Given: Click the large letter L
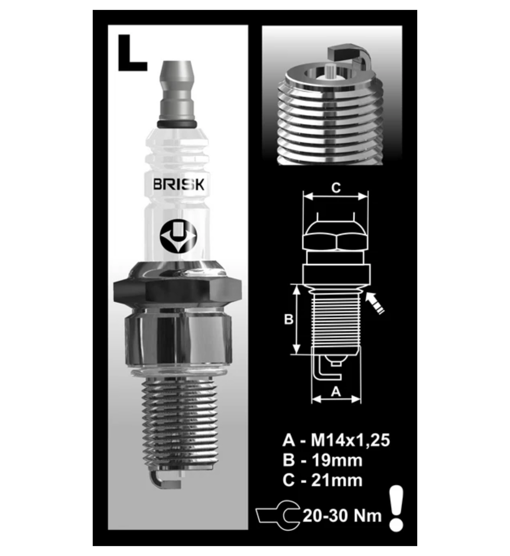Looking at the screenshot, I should tap(130, 54).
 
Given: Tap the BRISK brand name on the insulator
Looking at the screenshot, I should tap(178, 184).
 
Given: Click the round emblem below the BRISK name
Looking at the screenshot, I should tap(178, 236).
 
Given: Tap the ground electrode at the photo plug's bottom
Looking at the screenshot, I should tap(166, 480).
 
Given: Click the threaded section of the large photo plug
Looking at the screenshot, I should tap(179, 423).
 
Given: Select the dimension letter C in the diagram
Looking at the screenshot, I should tap(336, 187).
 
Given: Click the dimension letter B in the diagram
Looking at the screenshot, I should tap(288, 319).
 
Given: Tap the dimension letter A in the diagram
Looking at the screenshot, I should tap(336, 391).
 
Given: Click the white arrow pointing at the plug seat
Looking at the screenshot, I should tap(374, 303).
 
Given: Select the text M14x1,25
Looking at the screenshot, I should tap(350, 440).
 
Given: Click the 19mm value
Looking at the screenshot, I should tap(337, 460).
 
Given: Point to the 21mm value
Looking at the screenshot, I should tap(337, 480).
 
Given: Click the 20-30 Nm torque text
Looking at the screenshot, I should tap(342, 516).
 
